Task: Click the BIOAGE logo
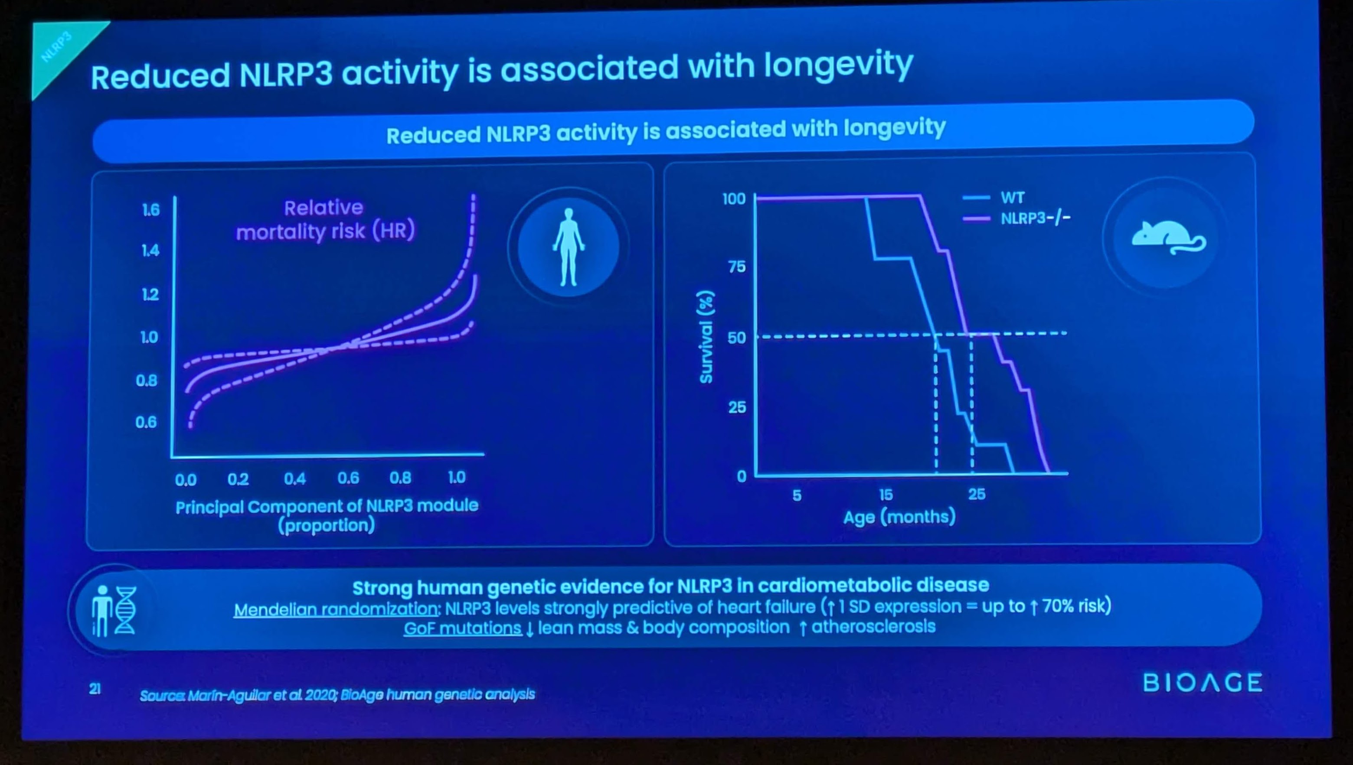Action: click(x=1202, y=683)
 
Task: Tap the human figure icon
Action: click(x=568, y=247)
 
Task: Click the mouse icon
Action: click(x=1168, y=237)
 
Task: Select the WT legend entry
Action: click(x=1012, y=198)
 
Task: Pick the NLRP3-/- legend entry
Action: click(x=1034, y=218)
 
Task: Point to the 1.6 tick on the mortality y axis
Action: click(x=150, y=210)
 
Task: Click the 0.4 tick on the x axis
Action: click(x=294, y=479)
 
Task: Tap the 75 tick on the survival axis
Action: click(x=736, y=267)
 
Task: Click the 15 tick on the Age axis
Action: click(x=886, y=495)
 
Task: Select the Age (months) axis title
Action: click(x=899, y=517)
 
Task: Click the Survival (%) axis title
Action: click(x=706, y=337)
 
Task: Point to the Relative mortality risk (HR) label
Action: click(x=325, y=220)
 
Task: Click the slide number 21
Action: click(x=95, y=688)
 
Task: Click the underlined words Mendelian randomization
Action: click(x=337, y=609)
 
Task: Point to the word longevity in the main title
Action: click(x=838, y=67)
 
